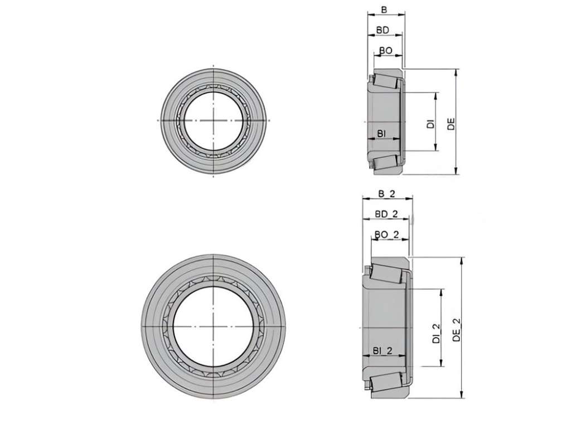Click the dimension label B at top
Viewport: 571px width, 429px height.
(x=384, y=10)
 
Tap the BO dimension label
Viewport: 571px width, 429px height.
(x=386, y=51)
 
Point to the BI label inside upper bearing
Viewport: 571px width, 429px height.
(x=381, y=134)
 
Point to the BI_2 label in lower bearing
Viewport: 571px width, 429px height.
(x=383, y=350)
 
